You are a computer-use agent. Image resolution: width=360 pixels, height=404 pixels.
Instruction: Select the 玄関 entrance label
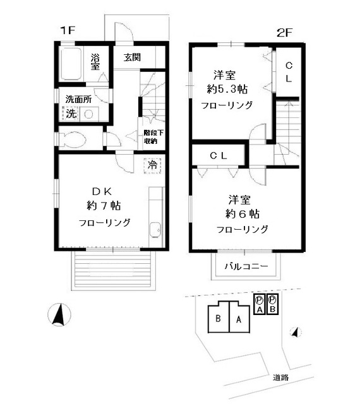pyautogui.click(x=132, y=58)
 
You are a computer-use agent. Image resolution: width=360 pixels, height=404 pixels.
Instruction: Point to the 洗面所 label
pyautogui.click(x=79, y=99)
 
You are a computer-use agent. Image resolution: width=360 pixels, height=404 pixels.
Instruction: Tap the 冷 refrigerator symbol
pyautogui.click(x=152, y=165)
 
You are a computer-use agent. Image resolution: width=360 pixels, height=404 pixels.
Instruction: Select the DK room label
pyautogui.click(x=103, y=190)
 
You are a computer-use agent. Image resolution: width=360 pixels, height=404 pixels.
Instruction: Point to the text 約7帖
pyautogui.click(x=104, y=205)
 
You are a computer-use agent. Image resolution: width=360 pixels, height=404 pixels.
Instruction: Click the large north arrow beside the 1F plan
pyautogui.click(x=58, y=314)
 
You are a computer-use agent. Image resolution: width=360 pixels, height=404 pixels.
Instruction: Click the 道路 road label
pyautogui.click(x=280, y=377)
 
